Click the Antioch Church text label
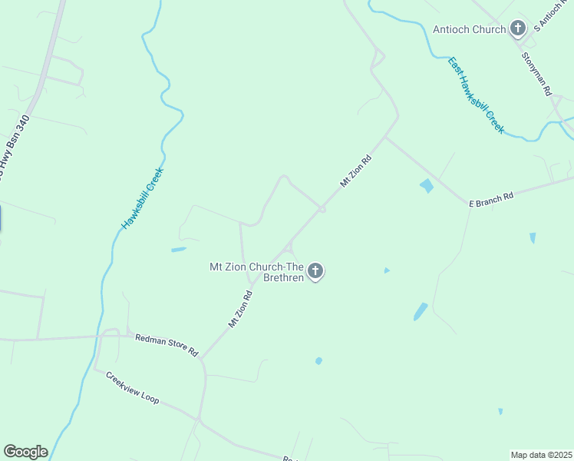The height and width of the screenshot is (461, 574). click(x=469, y=29)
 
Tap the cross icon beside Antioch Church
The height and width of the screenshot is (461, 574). click(x=518, y=29)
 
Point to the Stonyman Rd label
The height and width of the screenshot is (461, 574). click(x=536, y=74)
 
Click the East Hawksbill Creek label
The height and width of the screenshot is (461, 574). click(x=476, y=95)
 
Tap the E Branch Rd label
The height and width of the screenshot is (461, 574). click(x=491, y=198)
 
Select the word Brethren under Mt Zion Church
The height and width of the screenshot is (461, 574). click(x=283, y=277)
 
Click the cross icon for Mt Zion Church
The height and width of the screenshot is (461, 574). click(x=315, y=271)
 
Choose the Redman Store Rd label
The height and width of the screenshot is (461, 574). click(x=166, y=345)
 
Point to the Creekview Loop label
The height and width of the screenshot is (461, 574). click(x=132, y=389)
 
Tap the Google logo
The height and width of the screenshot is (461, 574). click(x=25, y=452)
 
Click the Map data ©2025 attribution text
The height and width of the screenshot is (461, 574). click(x=541, y=454)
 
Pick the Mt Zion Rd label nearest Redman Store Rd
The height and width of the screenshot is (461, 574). click(x=240, y=310)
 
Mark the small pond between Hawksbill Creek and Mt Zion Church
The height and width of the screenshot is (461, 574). click(x=179, y=250)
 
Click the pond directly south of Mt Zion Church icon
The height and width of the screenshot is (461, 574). click(x=318, y=361)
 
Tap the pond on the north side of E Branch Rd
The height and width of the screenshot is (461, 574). click(x=427, y=186)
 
